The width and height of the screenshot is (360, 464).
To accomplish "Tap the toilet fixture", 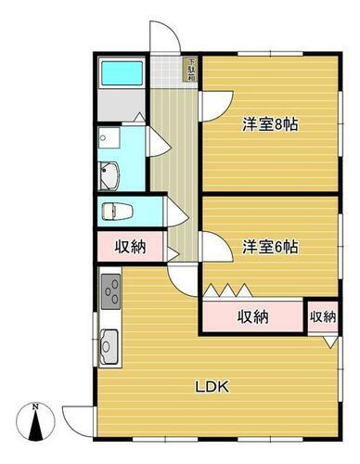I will [x=113, y=209].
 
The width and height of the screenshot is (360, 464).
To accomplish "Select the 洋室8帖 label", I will [x=270, y=123].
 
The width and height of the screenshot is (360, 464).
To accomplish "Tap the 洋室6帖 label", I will [x=270, y=247].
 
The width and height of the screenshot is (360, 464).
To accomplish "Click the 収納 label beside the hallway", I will [x=129, y=247].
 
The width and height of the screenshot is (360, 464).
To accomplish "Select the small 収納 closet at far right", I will [x=322, y=316].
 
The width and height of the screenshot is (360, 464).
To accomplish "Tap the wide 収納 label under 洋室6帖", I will [x=251, y=316].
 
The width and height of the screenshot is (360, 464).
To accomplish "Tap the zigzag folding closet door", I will [x=226, y=290].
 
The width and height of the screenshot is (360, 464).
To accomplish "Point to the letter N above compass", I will [x=35, y=406].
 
